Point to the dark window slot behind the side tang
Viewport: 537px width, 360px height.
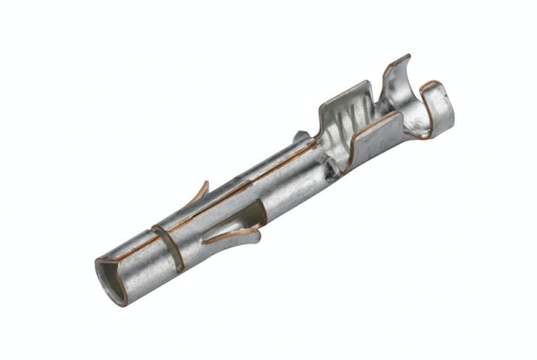254,212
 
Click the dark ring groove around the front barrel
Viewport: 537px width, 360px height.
167,248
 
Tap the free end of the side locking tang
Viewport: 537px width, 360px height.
208,240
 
